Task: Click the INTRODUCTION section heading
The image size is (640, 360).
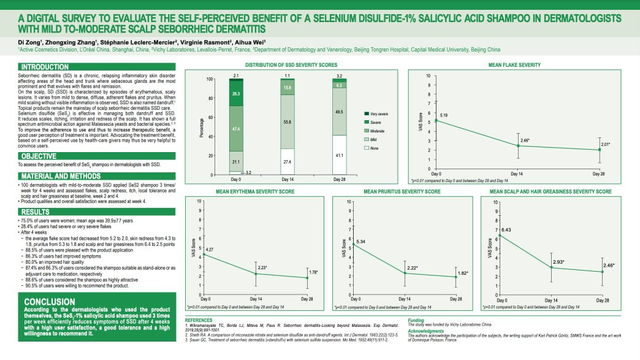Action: pos(45,66)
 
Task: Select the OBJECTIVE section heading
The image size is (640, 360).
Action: pos(40,156)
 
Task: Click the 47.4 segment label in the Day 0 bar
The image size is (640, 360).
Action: pos(235,129)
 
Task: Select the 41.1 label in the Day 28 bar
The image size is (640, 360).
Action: pos(339,156)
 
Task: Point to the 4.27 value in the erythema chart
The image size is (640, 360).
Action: pos(209,249)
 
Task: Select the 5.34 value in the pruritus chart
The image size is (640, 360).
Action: pos(360,242)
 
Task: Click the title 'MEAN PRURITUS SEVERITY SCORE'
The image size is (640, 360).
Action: pos(402,192)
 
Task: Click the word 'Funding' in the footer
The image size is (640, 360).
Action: pos(416,320)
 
